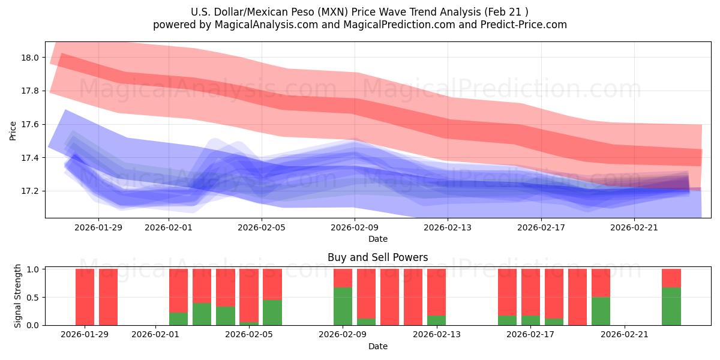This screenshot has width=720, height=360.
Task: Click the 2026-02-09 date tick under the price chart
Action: point(355,227)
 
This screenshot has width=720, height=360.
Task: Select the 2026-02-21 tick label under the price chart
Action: point(634,227)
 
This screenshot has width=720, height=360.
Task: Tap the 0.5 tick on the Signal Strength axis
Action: point(32,297)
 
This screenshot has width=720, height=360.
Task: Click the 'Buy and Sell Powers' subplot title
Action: point(377,257)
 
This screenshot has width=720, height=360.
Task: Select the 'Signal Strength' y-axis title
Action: point(18,296)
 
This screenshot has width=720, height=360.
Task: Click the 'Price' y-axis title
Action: point(13,130)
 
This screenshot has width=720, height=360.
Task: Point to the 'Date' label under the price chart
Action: point(377,239)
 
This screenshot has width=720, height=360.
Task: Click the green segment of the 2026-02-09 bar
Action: point(343,306)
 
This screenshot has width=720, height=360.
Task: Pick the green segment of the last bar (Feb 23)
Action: point(671,306)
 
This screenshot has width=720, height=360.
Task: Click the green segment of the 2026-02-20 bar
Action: point(601,311)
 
